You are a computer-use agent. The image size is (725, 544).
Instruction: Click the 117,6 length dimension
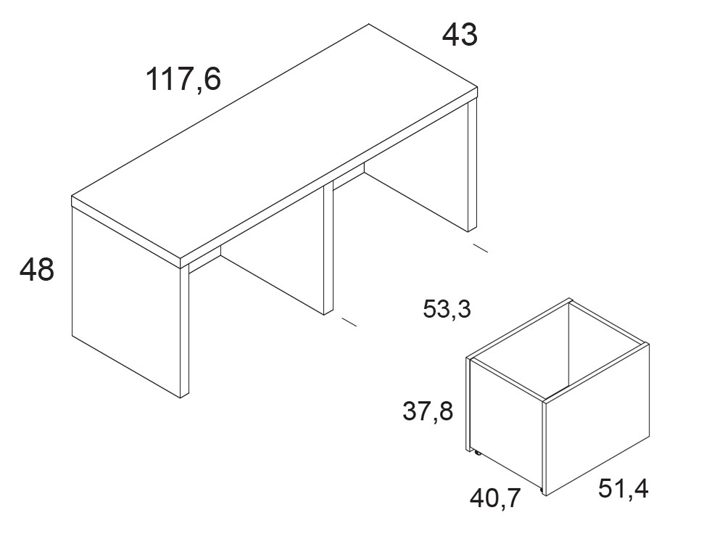[x=183, y=80]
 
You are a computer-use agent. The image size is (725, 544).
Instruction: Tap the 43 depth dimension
[x=460, y=35]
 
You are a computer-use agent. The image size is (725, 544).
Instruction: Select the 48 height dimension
[x=37, y=269]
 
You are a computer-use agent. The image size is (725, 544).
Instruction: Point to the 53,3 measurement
[x=447, y=309]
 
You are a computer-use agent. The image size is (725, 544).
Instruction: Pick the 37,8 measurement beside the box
[x=428, y=411]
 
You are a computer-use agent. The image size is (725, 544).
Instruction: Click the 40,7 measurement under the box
[x=496, y=498]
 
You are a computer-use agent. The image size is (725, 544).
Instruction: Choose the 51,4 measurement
[x=623, y=488]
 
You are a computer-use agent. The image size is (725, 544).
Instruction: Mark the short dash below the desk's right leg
[x=481, y=248]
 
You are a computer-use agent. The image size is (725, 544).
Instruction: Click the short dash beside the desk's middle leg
[x=349, y=322]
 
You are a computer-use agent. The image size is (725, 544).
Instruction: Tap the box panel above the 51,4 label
[x=597, y=419]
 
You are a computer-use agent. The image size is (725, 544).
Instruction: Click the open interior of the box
[x=560, y=352]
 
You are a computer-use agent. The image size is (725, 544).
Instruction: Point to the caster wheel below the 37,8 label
[x=476, y=453]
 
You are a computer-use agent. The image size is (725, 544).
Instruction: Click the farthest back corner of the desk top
[x=368, y=24]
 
